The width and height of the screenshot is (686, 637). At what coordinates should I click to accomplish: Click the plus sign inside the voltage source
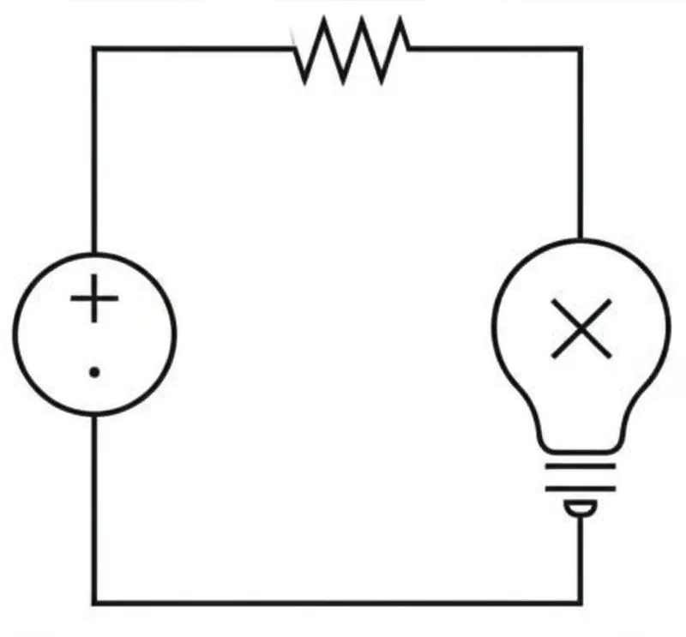94,303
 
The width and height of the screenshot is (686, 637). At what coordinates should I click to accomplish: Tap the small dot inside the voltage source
94,372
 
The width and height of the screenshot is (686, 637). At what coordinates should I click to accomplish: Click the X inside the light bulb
581,328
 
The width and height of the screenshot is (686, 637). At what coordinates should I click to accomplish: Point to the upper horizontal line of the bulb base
581,468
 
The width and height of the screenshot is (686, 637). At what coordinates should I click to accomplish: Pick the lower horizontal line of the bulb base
581,489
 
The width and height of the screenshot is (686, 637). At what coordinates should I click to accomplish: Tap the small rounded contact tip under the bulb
581,510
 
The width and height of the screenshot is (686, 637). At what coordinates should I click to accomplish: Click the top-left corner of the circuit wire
94,49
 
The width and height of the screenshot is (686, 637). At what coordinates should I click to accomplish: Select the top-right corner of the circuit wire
581,49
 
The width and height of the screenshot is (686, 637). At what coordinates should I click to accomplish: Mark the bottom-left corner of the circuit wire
94,601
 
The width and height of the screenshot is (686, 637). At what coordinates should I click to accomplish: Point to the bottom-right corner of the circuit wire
581,601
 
